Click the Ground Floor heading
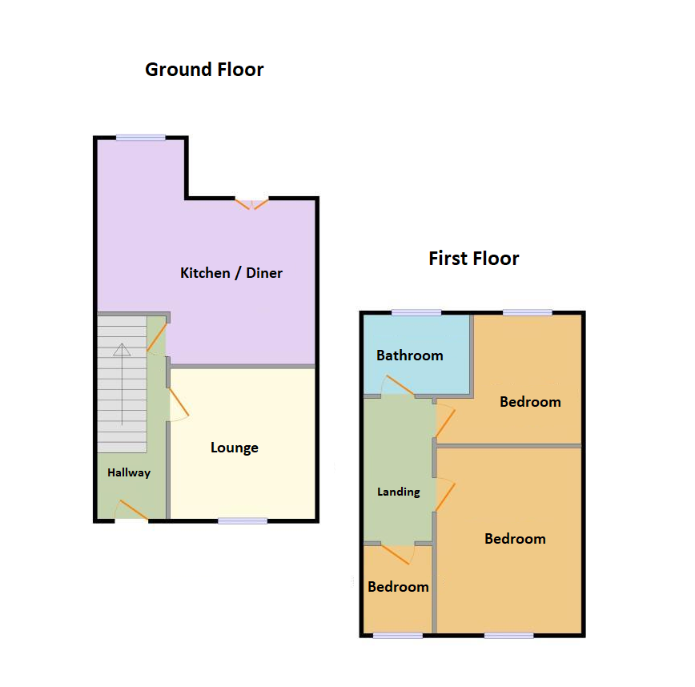point(204,70)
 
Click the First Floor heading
point(473,259)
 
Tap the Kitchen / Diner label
point(231,273)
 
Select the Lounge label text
point(234,448)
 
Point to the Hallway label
point(129,472)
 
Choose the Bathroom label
point(409,356)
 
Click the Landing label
point(398,492)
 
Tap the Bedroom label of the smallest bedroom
point(398,587)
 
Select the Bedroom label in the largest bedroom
point(515,539)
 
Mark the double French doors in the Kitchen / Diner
point(252,203)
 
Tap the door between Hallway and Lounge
point(178,404)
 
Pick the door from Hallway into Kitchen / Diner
point(158,338)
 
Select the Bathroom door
point(398,388)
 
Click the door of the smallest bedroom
point(397,553)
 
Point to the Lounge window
point(243,520)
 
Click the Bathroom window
point(416,312)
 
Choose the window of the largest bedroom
point(508,635)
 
